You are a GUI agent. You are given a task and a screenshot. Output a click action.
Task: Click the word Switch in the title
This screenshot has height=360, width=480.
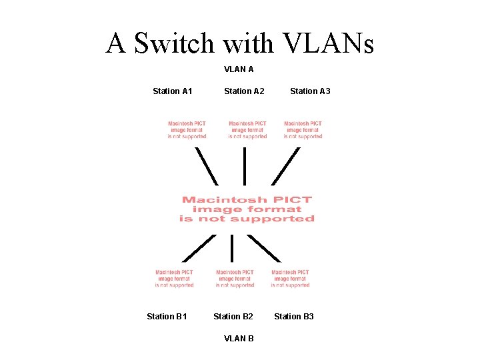[x=174, y=43]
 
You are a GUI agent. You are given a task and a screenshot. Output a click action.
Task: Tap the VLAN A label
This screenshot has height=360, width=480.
[x=239, y=69]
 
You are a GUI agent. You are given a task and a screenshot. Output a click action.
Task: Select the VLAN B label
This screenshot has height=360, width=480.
[x=239, y=338]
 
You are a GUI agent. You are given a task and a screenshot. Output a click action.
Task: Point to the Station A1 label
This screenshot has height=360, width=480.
[x=173, y=91]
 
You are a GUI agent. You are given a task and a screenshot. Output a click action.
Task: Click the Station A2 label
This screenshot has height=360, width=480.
[x=244, y=91]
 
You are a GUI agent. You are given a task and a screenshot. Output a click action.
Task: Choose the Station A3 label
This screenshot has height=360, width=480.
[x=310, y=91]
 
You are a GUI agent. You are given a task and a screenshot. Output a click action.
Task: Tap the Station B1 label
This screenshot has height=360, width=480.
[x=167, y=316]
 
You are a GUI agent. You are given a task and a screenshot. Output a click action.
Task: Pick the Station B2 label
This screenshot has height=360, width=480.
[x=233, y=316]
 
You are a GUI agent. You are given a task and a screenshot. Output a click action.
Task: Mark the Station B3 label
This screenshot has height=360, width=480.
[x=294, y=316]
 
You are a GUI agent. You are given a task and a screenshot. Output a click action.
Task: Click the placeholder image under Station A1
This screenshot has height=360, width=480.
[x=187, y=130]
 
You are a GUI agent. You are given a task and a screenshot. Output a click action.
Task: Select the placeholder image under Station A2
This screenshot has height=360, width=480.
[x=247, y=130]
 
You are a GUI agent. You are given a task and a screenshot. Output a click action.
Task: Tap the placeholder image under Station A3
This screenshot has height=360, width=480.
[x=303, y=130]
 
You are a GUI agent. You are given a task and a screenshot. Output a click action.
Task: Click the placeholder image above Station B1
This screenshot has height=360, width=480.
[x=175, y=279]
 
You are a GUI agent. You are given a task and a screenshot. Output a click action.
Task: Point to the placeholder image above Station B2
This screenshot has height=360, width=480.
[x=235, y=279]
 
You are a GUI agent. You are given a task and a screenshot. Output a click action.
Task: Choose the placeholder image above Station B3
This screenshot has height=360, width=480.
[x=291, y=279]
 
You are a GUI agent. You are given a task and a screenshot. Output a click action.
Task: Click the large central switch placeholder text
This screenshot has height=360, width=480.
[x=247, y=209]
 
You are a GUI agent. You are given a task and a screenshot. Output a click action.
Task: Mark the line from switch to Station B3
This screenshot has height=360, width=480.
[x=264, y=247]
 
